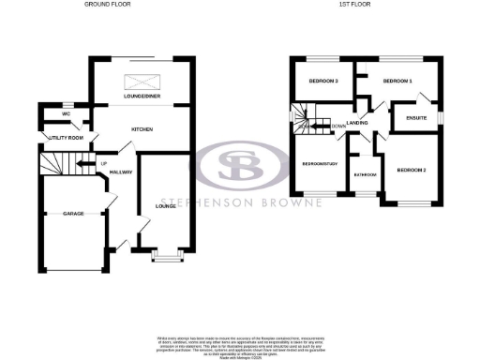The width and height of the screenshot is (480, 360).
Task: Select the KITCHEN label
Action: pos(142,129)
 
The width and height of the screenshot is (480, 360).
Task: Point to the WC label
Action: pos(66,114)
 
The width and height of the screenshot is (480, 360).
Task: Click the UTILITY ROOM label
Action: pos(67,139)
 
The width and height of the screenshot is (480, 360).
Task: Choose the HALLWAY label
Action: pos(121,172)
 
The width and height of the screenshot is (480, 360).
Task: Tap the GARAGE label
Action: pos(74,214)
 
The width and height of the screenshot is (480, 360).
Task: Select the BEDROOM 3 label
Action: pos(322,82)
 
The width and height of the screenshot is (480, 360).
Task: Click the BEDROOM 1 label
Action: pos(397,82)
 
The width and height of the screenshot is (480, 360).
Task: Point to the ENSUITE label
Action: pos(417,118)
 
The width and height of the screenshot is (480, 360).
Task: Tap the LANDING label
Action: pos(357,124)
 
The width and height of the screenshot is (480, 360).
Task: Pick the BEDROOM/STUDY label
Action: pos(319,164)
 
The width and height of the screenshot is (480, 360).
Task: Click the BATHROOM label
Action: pos(365,174)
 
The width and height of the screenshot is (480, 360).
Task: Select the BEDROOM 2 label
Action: pos(412,170)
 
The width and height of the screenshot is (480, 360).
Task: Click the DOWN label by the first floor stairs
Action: pos(336,124)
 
